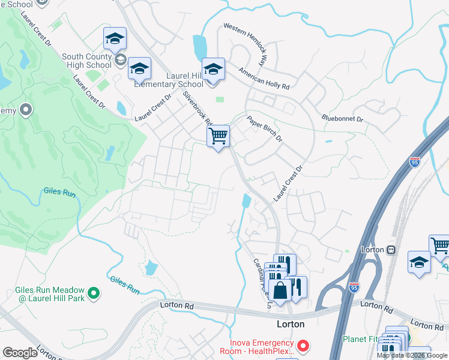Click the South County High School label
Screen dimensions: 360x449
click(86, 61)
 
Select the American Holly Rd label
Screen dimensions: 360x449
click(264, 79)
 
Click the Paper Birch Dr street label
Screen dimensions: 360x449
click(264, 128)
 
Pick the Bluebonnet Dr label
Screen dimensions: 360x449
click(343, 119)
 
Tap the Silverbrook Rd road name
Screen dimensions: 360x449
click(197, 108)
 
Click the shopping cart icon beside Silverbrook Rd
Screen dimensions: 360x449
click(218, 136)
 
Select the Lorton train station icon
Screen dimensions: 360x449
click(391, 249)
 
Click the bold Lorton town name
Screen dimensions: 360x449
click(290, 324)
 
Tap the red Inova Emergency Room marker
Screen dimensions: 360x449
click(304, 346)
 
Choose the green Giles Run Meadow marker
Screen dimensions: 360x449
click(93, 293)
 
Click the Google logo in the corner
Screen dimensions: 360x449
click(20, 353)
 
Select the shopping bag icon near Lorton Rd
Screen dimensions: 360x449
click(280, 290)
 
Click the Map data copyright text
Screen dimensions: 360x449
click(412, 355)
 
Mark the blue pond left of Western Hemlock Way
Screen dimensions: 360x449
click(199, 46)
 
